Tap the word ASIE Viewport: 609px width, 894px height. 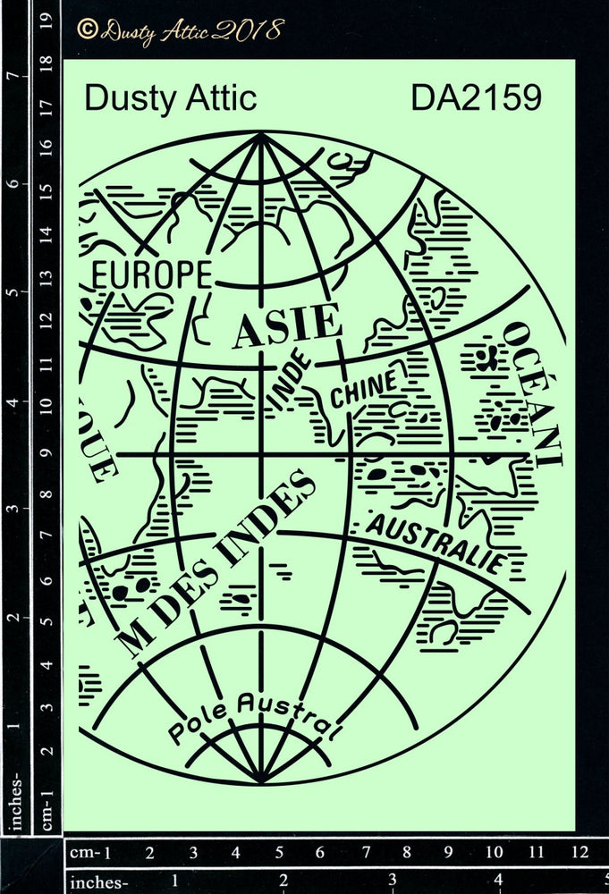(x=286, y=325)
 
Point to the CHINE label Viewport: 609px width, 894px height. (x=364, y=390)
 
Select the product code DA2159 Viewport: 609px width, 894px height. (x=476, y=98)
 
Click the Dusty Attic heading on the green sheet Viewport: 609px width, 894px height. (x=170, y=98)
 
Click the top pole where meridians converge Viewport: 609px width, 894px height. (x=261, y=135)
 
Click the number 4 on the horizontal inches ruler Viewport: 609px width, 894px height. (x=499, y=882)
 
